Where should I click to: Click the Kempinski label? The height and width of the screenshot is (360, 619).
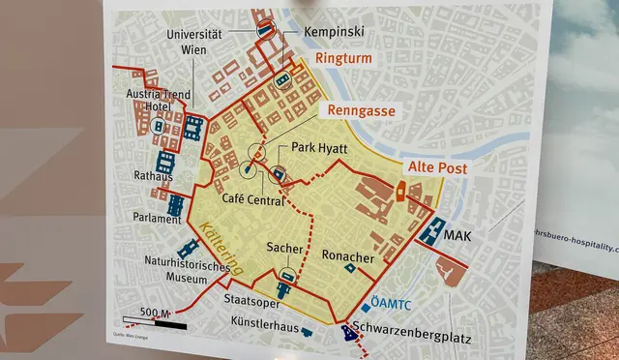pyautogui.click(x=333, y=32)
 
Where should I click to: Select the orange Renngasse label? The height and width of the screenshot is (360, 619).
pyautogui.click(x=361, y=111)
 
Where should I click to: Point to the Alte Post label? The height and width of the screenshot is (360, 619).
pyautogui.click(x=436, y=168)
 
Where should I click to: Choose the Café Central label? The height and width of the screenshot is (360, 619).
pyautogui.click(x=252, y=199)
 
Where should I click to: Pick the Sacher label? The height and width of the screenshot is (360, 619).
pyautogui.click(x=285, y=250)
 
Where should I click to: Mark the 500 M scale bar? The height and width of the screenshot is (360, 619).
pyautogui.click(x=155, y=321)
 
